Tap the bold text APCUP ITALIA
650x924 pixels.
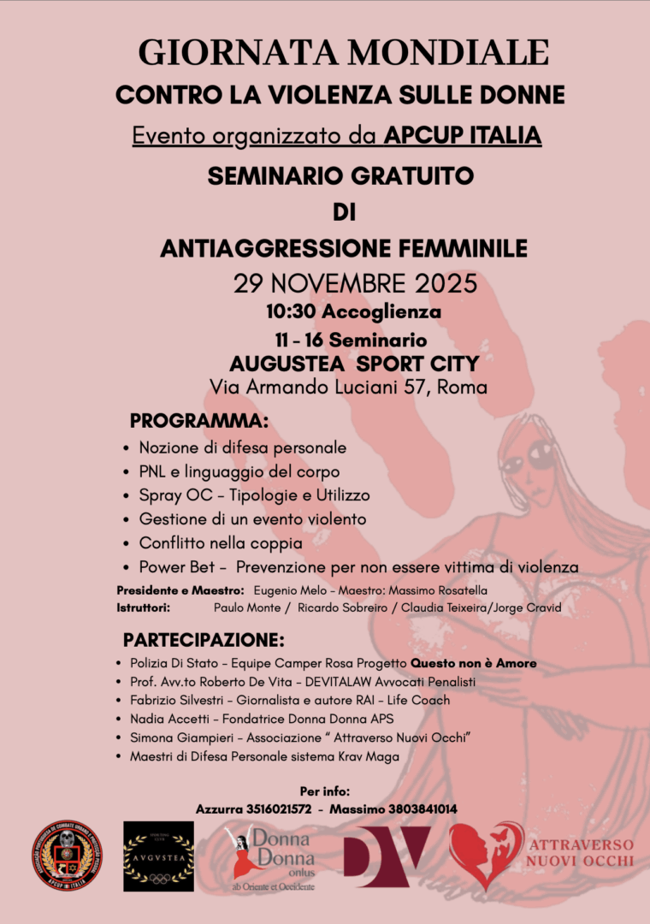coord(463,135)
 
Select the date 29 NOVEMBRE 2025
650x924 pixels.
coord(355,282)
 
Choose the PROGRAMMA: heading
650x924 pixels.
coord(199,421)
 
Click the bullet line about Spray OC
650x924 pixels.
coord(254,495)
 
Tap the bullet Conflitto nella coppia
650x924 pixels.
coord(221,543)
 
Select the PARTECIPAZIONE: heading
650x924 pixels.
coord(204,640)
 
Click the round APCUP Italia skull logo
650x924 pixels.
coord(67,856)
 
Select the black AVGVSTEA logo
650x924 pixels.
coord(159,856)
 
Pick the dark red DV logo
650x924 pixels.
coord(386,856)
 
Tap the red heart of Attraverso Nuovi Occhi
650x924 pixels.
coord(484,856)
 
